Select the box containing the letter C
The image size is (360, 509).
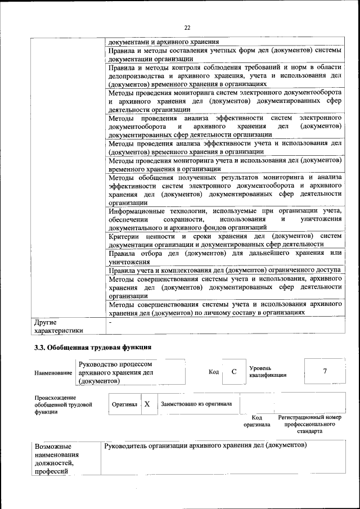tap(233, 372)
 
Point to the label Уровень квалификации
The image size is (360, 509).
tap(268, 371)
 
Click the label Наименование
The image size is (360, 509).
tap(53, 373)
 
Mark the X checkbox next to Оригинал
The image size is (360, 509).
tap(147, 404)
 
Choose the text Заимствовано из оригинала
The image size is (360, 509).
tap(196, 404)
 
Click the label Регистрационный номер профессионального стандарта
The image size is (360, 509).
tap(310, 424)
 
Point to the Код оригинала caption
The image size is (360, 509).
tap(256, 421)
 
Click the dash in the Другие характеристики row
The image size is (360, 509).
tap(110, 323)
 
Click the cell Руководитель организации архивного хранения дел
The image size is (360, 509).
tap(205, 445)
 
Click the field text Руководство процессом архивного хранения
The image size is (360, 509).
tap(116, 372)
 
